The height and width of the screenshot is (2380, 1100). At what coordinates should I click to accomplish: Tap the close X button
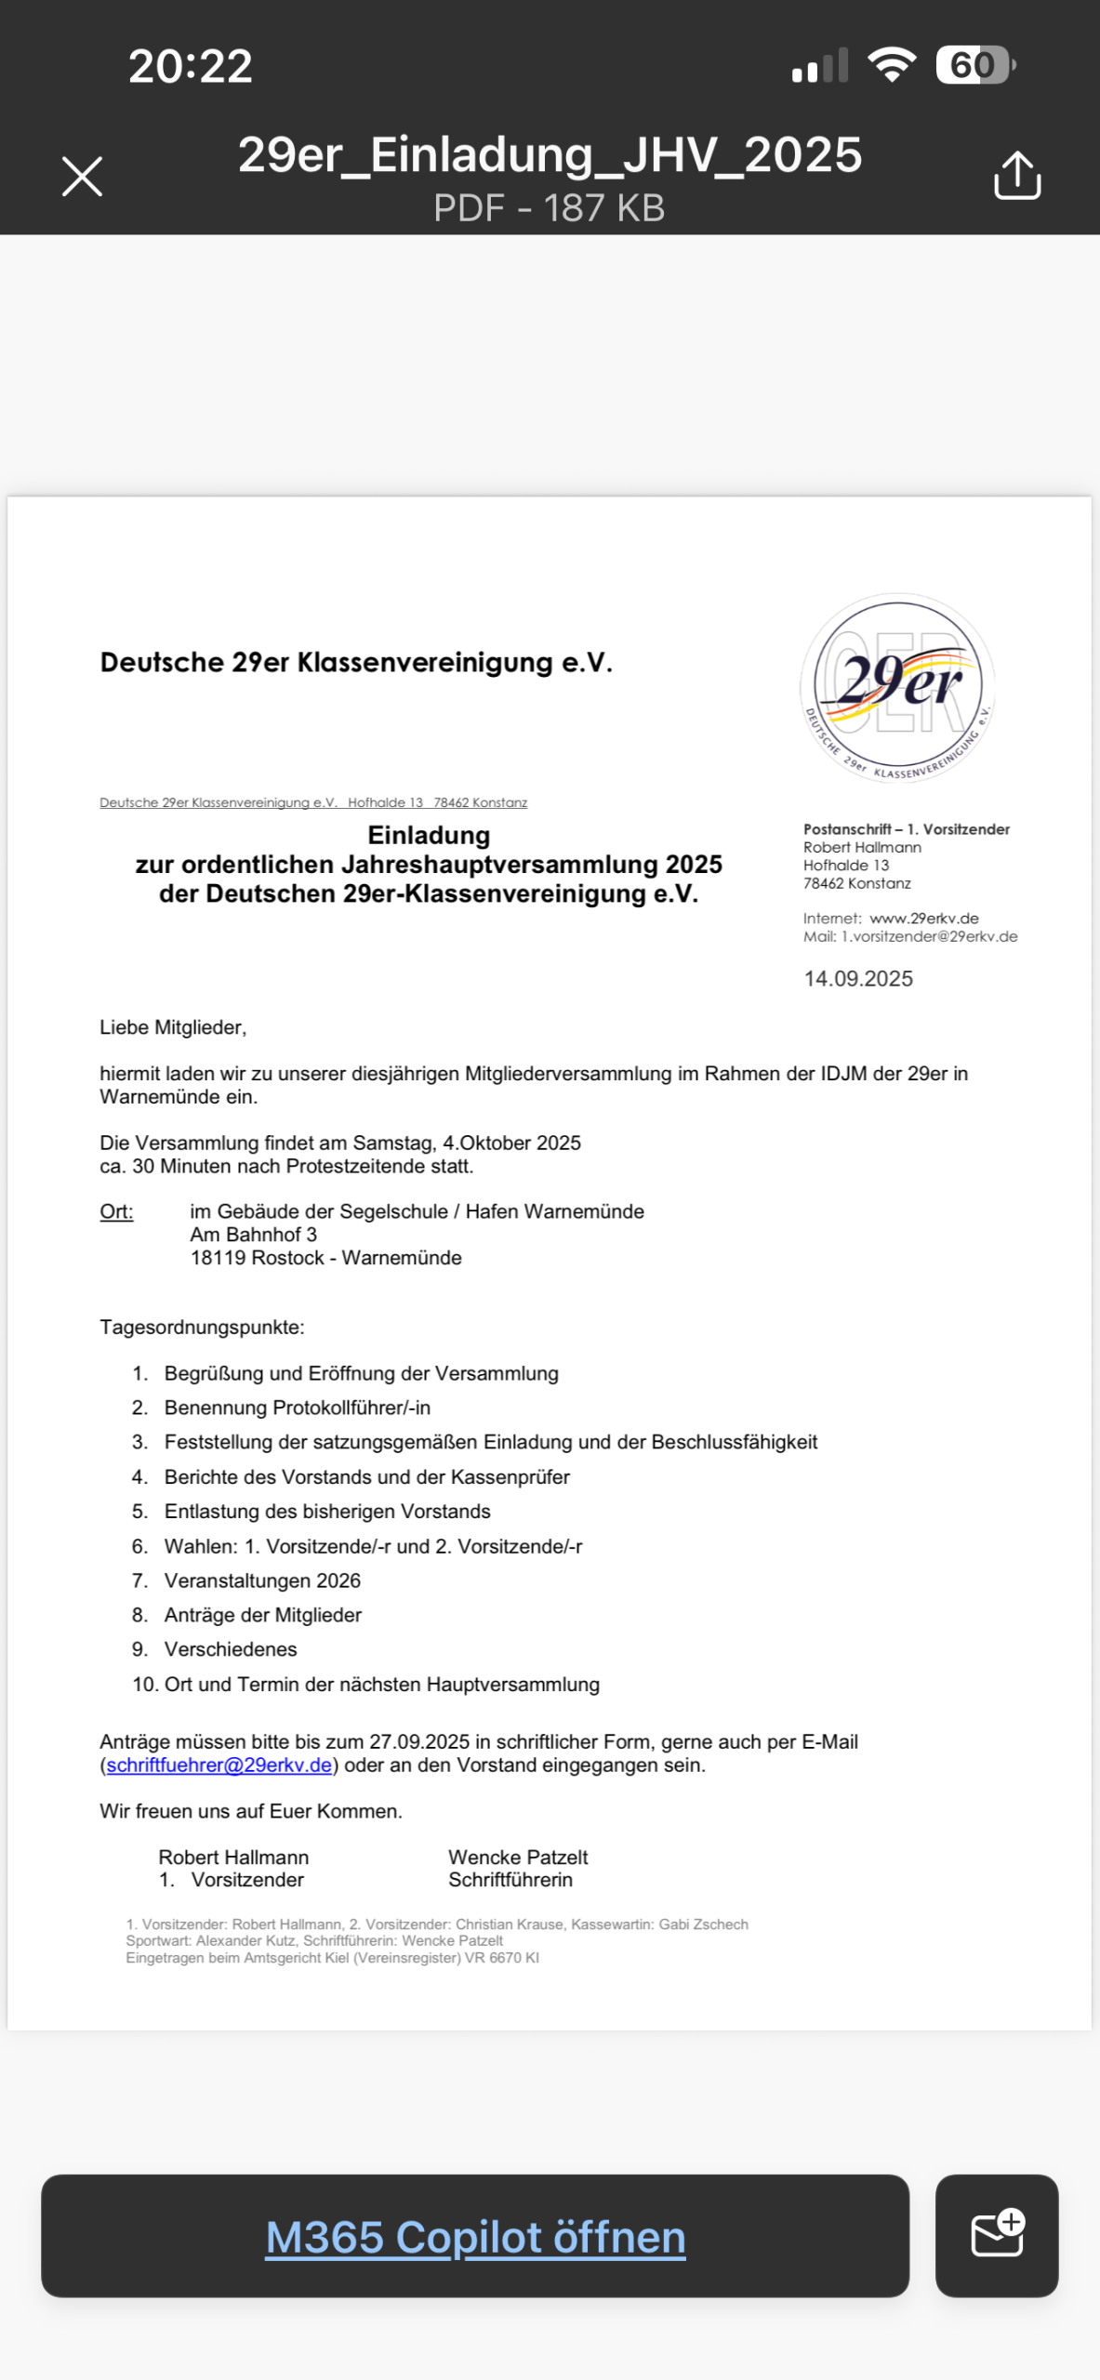click(x=82, y=176)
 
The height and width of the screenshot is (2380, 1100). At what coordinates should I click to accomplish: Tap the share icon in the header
click(x=1016, y=175)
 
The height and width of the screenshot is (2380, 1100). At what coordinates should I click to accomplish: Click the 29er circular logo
click(x=897, y=687)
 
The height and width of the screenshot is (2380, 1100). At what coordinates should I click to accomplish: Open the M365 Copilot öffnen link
click(x=475, y=2236)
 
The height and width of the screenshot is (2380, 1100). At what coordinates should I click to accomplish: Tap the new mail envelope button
click(x=996, y=2234)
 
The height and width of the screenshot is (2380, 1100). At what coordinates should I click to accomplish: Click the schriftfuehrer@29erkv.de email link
click(x=219, y=1765)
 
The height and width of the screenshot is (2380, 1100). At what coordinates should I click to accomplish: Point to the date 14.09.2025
click(x=857, y=978)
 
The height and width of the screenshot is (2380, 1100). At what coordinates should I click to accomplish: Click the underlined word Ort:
click(x=116, y=1211)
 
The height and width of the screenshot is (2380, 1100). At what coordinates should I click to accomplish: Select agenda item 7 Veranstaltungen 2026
click(x=262, y=1580)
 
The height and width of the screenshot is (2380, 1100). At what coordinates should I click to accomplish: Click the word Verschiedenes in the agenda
click(x=231, y=1649)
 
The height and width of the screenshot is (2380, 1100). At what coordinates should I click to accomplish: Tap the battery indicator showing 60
click(x=974, y=65)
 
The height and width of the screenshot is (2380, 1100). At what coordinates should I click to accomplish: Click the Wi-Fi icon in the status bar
click(x=892, y=65)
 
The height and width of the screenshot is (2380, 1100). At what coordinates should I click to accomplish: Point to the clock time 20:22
click(x=190, y=66)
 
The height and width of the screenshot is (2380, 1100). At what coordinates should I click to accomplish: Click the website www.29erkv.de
click(x=923, y=918)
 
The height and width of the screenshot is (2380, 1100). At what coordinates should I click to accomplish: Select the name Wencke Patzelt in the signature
click(x=518, y=1857)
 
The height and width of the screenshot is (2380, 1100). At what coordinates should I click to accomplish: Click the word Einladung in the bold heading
click(x=429, y=835)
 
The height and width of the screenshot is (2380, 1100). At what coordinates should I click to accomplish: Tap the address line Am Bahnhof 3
click(x=253, y=1235)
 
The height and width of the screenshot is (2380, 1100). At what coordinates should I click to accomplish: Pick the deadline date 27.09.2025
click(x=418, y=1741)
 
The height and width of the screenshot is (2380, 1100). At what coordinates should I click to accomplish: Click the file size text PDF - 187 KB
click(x=549, y=208)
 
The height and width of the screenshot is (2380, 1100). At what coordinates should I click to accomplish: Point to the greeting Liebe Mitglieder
click(x=173, y=1027)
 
